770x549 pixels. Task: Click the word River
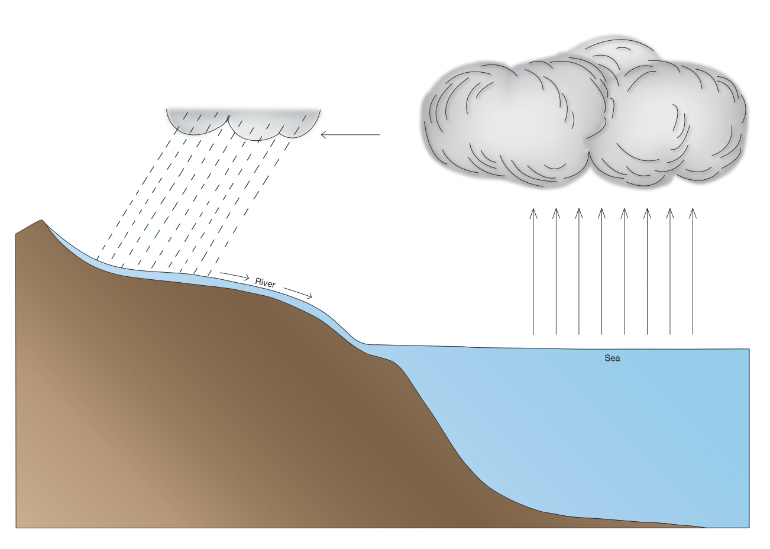click(x=266, y=283)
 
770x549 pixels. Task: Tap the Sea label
click(x=612, y=359)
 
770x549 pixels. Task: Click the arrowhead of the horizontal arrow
click(x=324, y=135)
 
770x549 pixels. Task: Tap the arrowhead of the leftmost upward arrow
click(x=533, y=211)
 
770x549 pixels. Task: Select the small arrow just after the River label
click(x=298, y=293)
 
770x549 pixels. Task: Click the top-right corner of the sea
click(x=749, y=350)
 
